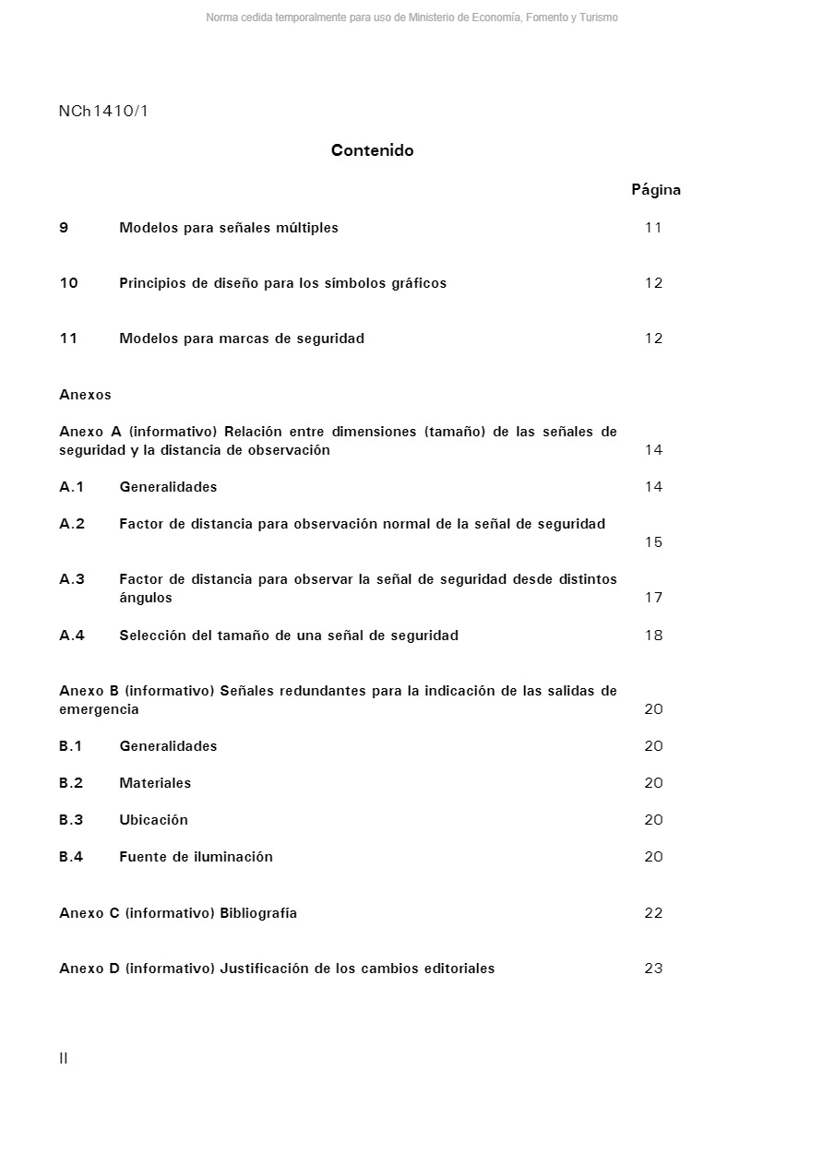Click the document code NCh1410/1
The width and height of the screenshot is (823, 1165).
(103, 112)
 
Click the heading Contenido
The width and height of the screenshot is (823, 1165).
(372, 150)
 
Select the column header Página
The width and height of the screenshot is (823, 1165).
(656, 190)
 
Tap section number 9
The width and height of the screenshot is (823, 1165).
(64, 228)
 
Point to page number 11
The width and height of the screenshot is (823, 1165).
(653, 228)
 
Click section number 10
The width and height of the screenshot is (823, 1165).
(69, 283)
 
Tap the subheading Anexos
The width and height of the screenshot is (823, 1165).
(85, 395)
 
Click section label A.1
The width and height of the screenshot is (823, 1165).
(72, 487)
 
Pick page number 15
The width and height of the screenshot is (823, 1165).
(653, 542)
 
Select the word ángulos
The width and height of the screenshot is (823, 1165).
(146, 598)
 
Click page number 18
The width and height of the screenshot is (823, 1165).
(653, 636)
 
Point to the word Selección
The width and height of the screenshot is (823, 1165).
(154, 636)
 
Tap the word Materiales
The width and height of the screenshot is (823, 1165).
(155, 783)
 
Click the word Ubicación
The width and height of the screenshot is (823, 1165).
(153, 820)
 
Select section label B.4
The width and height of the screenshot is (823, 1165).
(71, 857)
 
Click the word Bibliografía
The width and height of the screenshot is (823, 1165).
(258, 913)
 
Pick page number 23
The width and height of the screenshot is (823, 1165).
(653, 969)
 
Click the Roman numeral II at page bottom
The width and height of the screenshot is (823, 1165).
(64, 1058)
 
